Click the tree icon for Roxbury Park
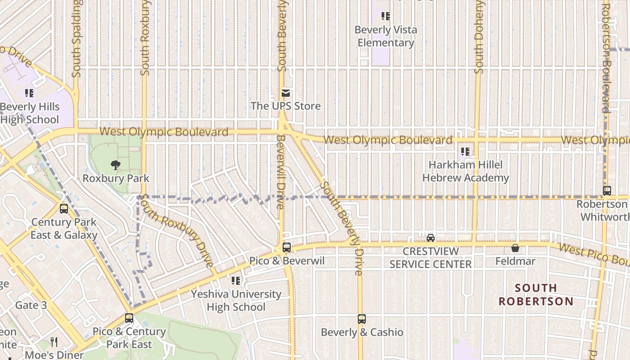[116, 165]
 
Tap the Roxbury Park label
[116, 178]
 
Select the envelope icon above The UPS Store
[286, 94]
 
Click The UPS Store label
[286, 106]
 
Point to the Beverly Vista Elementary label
[386, 36]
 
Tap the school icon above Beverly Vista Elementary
[386, 17]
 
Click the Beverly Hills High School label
[30, 113]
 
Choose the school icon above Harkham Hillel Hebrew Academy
[465, 152]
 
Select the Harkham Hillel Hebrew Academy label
[465, 171]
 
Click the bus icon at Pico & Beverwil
[287, 247]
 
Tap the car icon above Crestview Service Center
[431, 238]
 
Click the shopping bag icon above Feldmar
[515, 248]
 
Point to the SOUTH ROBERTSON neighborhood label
[535, 294]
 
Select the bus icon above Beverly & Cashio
[362, 319]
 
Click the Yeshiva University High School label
[236, 301]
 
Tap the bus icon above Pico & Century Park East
[129, 318]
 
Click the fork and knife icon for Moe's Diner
[54, 342]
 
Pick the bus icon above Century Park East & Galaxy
[64, 209]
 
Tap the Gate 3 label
[31, 306]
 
